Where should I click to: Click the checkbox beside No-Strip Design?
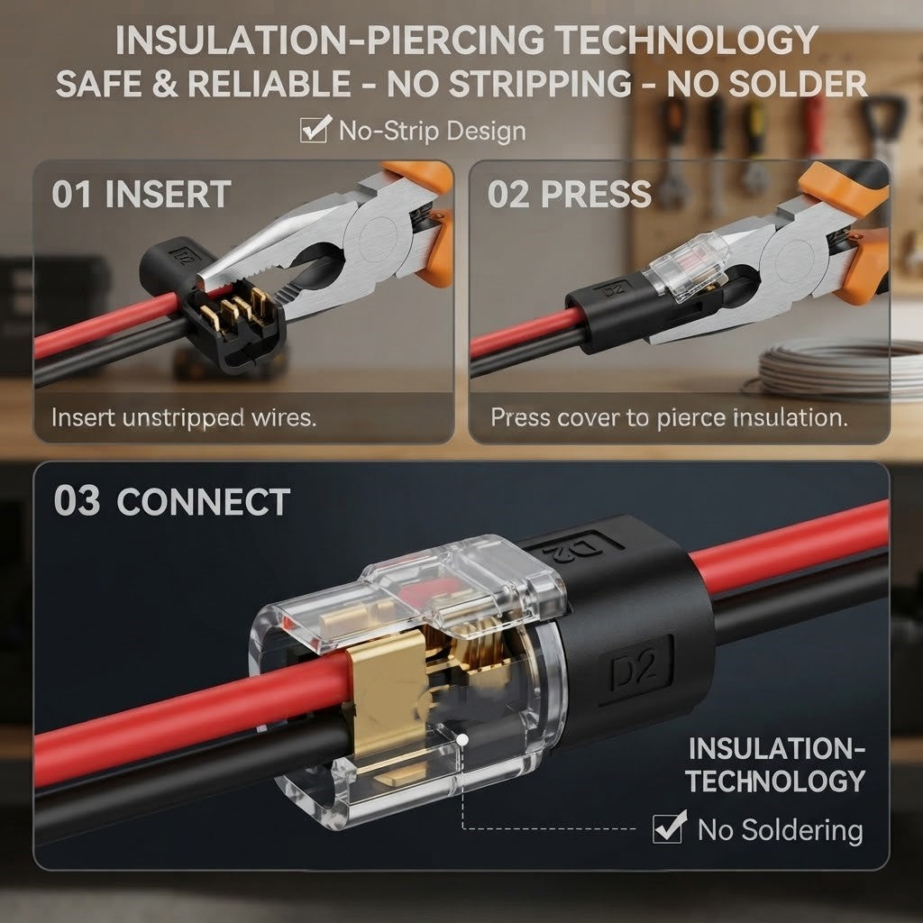[x=315, y=129]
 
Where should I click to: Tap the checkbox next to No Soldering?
[x=670, y=827]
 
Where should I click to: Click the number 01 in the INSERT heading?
[x=72, y=195]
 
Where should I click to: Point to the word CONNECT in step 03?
[x=203, y=502]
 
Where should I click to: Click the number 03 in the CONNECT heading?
[x=77, y=501]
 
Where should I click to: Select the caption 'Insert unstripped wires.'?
[x=184, y=417]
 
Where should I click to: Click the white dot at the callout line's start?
[x=462, y=739]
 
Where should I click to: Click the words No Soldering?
[x=780, y=829]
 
